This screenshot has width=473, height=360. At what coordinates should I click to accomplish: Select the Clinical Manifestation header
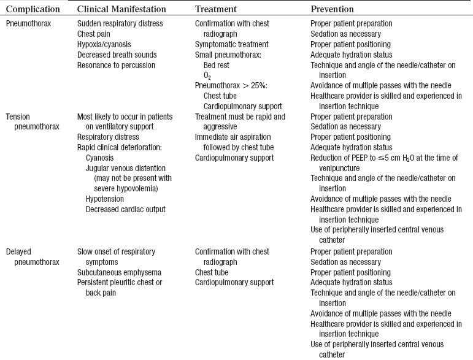pyautogui.click(x=122, y=9)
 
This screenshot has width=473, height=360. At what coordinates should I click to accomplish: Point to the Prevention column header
pyautogui.click(x=332, y=9)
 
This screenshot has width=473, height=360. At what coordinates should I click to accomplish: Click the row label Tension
pyautogui.click(x=18, y=117)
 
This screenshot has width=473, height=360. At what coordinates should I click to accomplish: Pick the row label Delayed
pyautogui.click(x=19, y=251)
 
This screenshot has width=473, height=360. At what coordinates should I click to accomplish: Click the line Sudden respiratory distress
pyautogui.click(x=120, y=23)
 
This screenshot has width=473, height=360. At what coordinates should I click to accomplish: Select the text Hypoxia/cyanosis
pyautogui.click(x=104, y=44)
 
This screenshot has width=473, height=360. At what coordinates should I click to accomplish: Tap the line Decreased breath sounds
pyautogui.click(x=115, y=55)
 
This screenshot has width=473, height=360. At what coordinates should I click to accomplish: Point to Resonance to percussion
pyautogui.click(x=116, y=65)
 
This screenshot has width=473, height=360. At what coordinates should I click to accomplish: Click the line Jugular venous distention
pyautogui.click(x=126, y=168)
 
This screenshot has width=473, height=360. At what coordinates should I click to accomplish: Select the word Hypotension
pyautogui.click(x=105, y=199)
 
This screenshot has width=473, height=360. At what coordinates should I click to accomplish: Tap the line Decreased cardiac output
pyautogui.click(x=125, y=209)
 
